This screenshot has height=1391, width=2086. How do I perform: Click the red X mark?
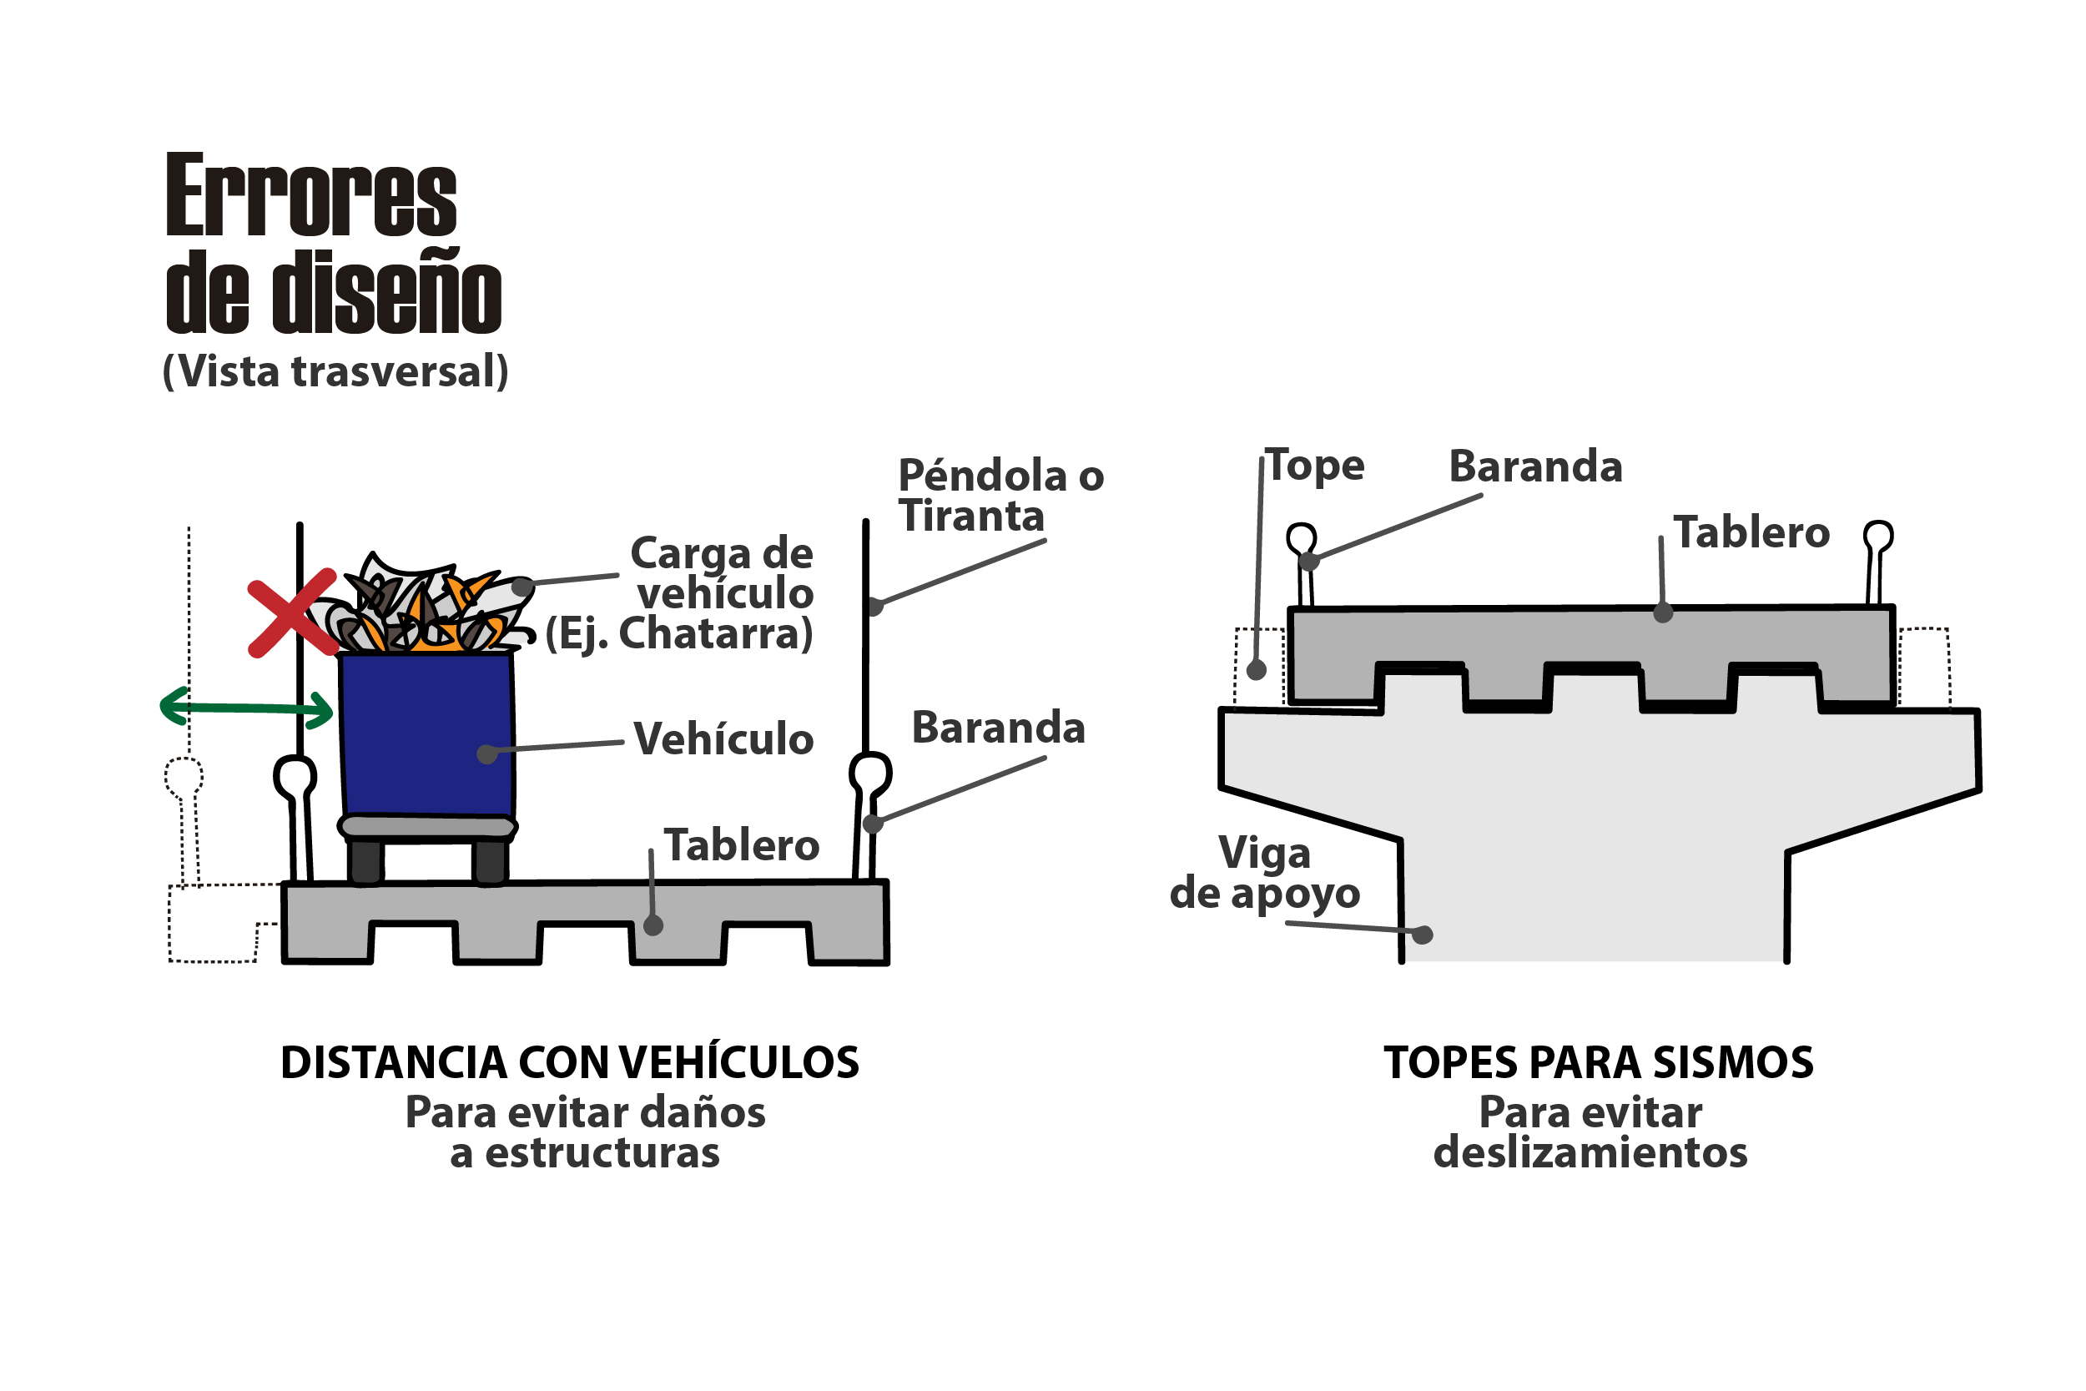coord(292,613)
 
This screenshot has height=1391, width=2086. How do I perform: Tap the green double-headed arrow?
coord(246,708)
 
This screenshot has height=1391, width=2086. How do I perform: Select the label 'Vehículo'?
coord(723,739)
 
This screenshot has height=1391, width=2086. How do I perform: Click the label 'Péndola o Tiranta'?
coord(1000,496)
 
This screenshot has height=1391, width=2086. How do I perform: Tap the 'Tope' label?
coord(1314,466)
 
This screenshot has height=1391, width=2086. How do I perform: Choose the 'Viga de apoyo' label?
coord(1264,873)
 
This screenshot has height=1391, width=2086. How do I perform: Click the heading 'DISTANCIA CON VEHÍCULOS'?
coord(569,1063)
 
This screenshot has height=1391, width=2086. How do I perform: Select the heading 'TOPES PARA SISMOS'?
coord(1598,1063)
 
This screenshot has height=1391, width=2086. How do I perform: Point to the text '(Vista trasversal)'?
coord(335,371)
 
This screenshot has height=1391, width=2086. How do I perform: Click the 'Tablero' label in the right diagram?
coord(1751,533)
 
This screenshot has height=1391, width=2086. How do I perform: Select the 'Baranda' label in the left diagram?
coord(998,728)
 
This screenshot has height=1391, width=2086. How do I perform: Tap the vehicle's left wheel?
coord(365,860)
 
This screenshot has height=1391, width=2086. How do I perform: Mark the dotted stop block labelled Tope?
coord(1258,665)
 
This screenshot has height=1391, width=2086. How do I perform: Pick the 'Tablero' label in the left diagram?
coord(742,845)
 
